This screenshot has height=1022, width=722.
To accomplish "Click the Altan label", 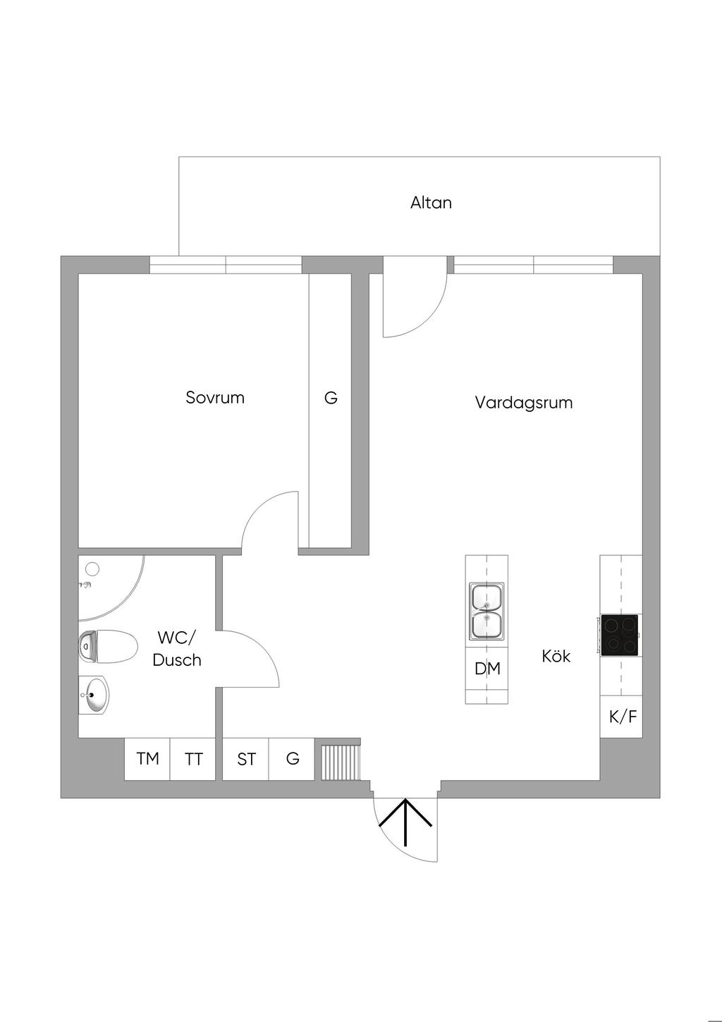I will (x=431, y=203).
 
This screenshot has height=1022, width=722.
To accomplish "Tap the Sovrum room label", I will (x=215, y=398).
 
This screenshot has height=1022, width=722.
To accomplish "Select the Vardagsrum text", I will (x=523, y=403).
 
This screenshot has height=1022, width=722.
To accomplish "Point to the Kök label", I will (x=556, y=656).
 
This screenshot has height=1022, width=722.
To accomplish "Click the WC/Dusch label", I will (x=177, y=649).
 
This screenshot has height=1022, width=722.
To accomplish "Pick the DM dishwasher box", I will (x=487, y=669).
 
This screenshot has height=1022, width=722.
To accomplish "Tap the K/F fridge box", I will (x=622, y=717).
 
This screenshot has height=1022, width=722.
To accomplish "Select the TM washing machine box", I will (x=147, y=759).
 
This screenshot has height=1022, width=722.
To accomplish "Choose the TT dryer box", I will (x=193, y=759).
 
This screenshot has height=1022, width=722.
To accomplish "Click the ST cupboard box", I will (x=246, y=759).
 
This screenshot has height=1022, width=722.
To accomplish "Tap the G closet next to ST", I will (x=292, y=759).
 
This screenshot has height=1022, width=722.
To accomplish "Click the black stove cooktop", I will (x=620, y=635).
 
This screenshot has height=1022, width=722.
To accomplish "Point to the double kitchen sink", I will (x=487, y=611).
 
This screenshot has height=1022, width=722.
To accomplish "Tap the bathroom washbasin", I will (x=94, y=695).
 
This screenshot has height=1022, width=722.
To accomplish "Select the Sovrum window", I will (x=226, y=264).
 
